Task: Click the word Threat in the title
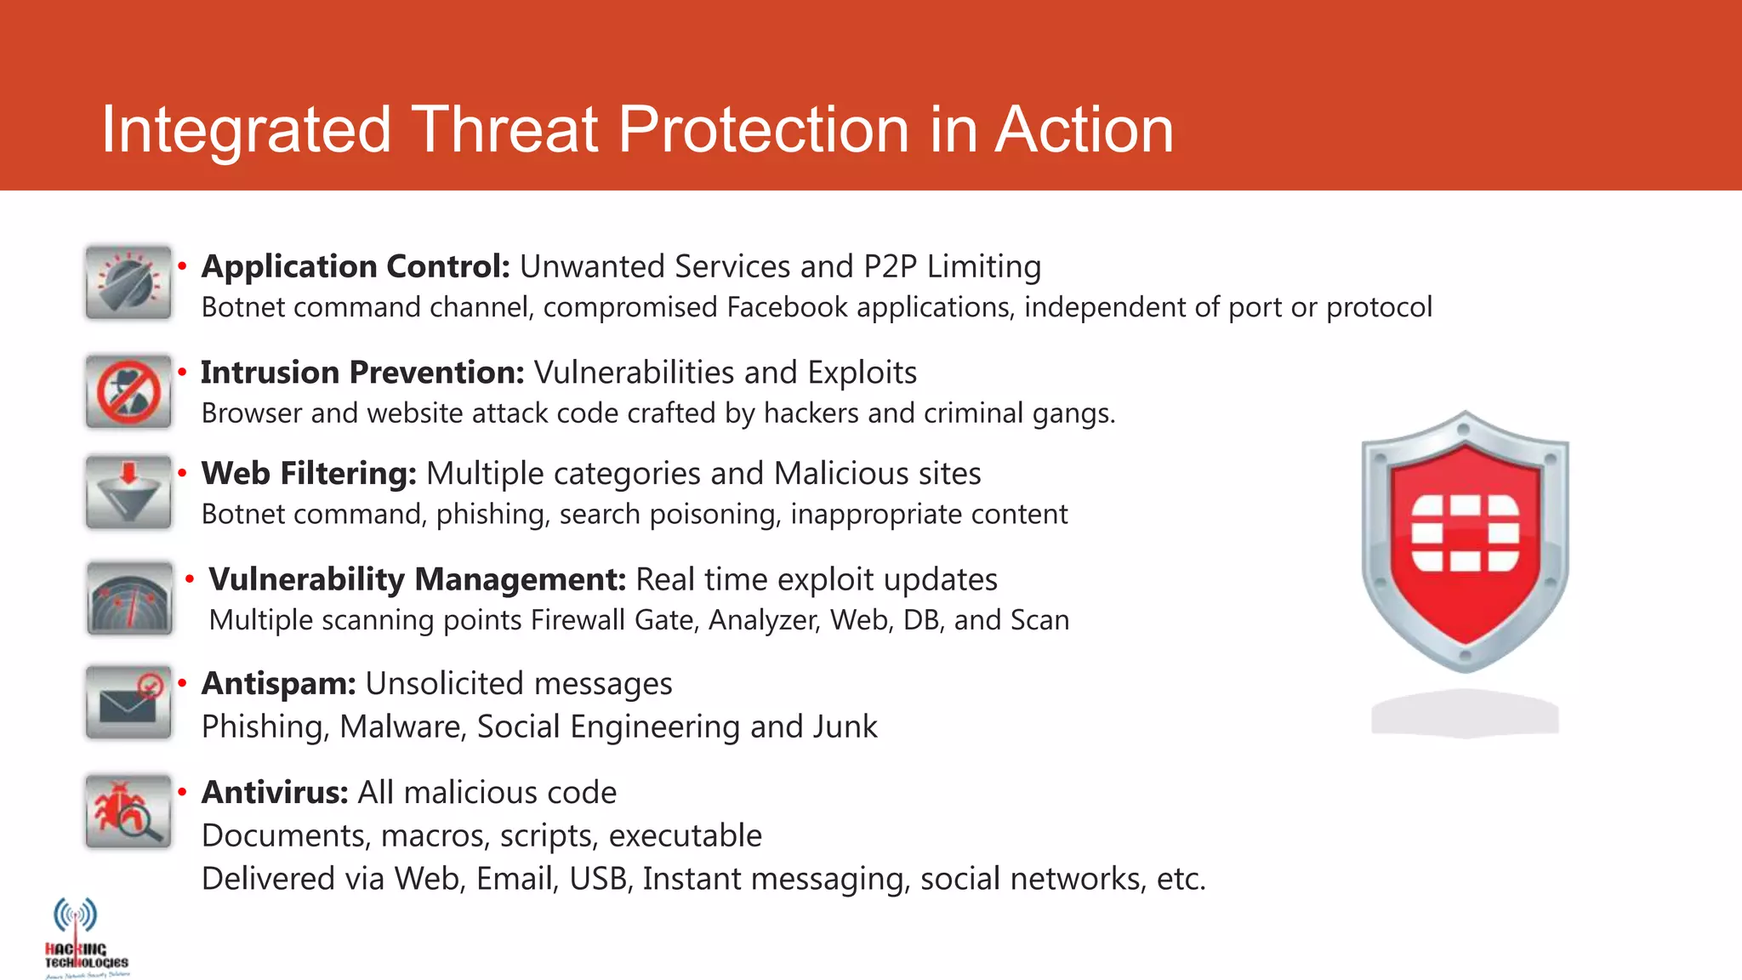[506, 130]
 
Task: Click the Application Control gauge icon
[128, 282]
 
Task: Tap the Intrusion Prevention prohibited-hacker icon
[128, 391]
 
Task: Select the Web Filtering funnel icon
[128, 492]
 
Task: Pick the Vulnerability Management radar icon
[129, 598]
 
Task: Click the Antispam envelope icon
[128, 703]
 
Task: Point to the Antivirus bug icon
[128, 811]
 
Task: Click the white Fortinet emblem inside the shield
[1465, 533]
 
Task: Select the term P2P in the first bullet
[890, 267]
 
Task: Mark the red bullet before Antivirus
[182, 791]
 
